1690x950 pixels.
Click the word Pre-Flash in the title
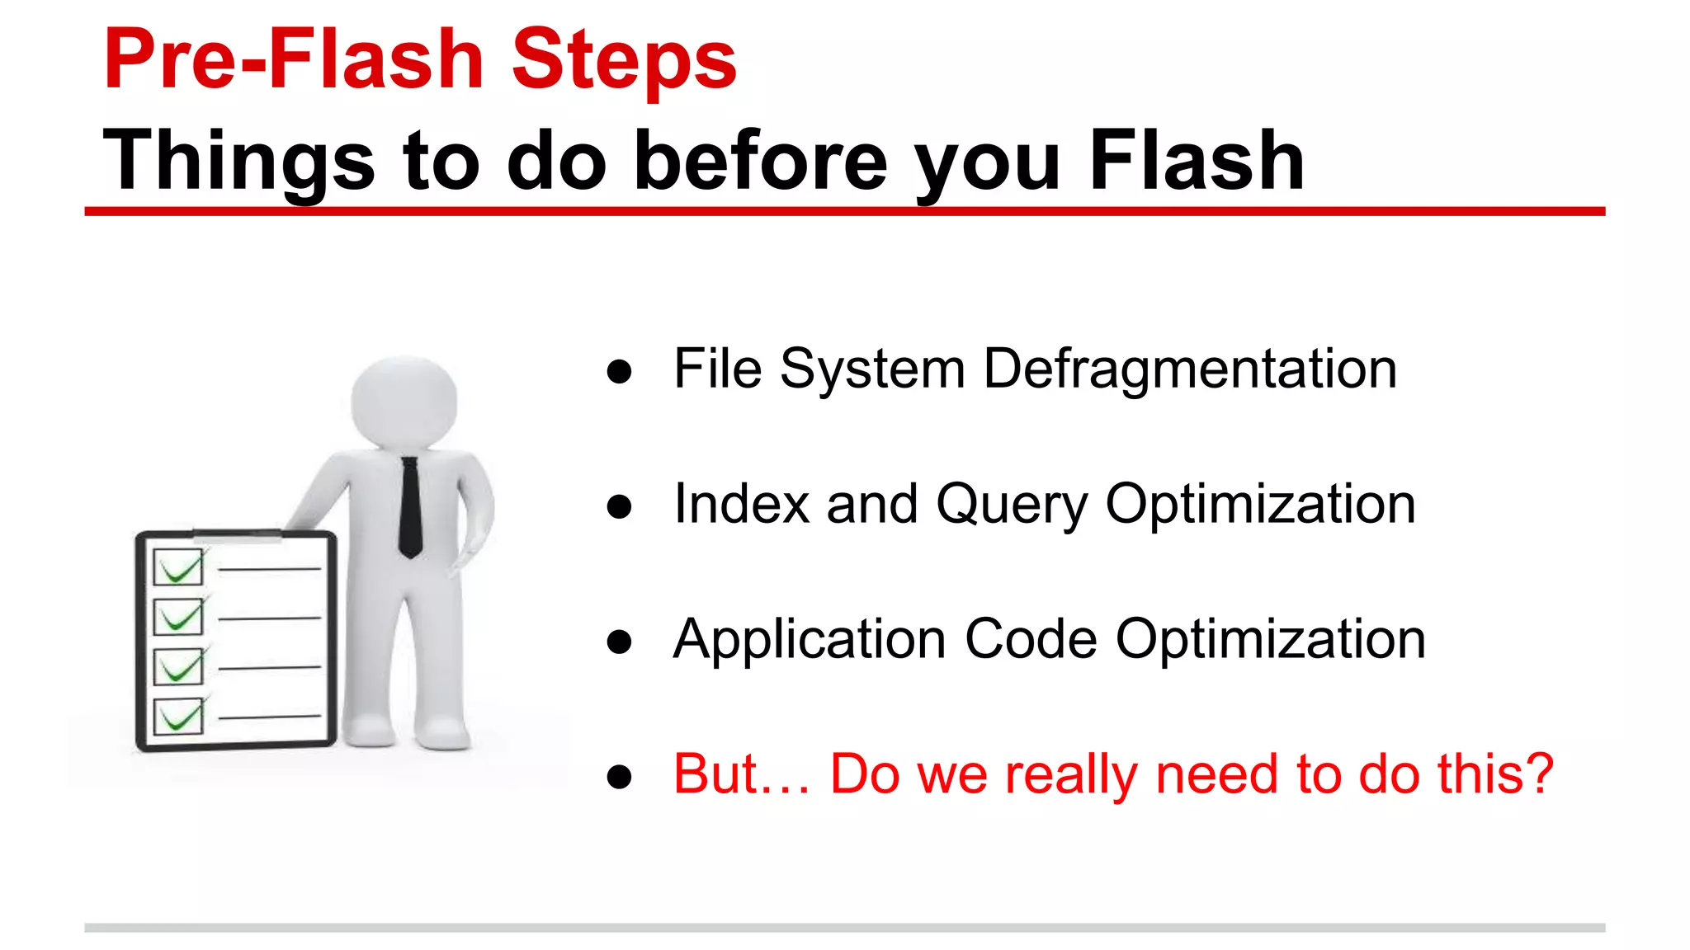pos(293,59)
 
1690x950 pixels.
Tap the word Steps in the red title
pos(624,59)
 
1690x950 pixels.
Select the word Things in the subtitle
pos(239,161)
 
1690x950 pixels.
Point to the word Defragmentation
pos(1190,369)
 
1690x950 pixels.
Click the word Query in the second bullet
pos(1012,504)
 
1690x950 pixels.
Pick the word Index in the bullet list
pos(741,504)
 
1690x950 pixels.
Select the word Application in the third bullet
pos(809,639)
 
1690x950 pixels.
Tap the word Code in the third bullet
pos(1031,639)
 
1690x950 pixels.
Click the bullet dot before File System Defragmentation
pos(619,371)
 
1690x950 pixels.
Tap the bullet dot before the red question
pos(619,777)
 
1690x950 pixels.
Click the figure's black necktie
pos(410,507)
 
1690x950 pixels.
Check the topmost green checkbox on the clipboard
pos(178,567)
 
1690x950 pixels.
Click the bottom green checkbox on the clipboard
pos(178,717)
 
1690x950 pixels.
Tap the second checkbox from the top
pos(178,617)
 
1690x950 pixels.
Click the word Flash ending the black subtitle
pos(1197,161)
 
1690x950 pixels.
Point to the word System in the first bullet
pos(872,369)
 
